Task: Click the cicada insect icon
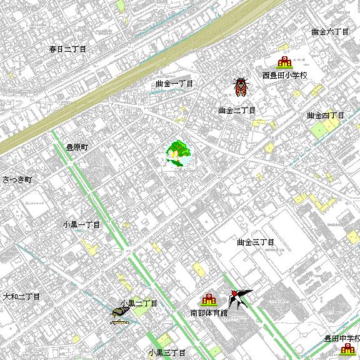point(241,87)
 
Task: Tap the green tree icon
point(177,152)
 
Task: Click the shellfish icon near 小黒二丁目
point(120,314)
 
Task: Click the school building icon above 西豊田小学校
point(284,62)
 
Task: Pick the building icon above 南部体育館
point(208,299)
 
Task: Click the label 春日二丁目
point(68,49)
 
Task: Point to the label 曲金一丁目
point(174,83)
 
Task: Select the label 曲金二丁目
point(237,111)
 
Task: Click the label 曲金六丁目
point(329,31)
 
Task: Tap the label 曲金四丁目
point(326,116)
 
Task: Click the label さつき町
point(16,179)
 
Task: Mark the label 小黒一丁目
point(81,224)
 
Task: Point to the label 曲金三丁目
point(256,242)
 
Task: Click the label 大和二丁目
point(21,296)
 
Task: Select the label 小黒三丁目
point(167,352)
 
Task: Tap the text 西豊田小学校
point(285,76)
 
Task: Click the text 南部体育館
point(209,312)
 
